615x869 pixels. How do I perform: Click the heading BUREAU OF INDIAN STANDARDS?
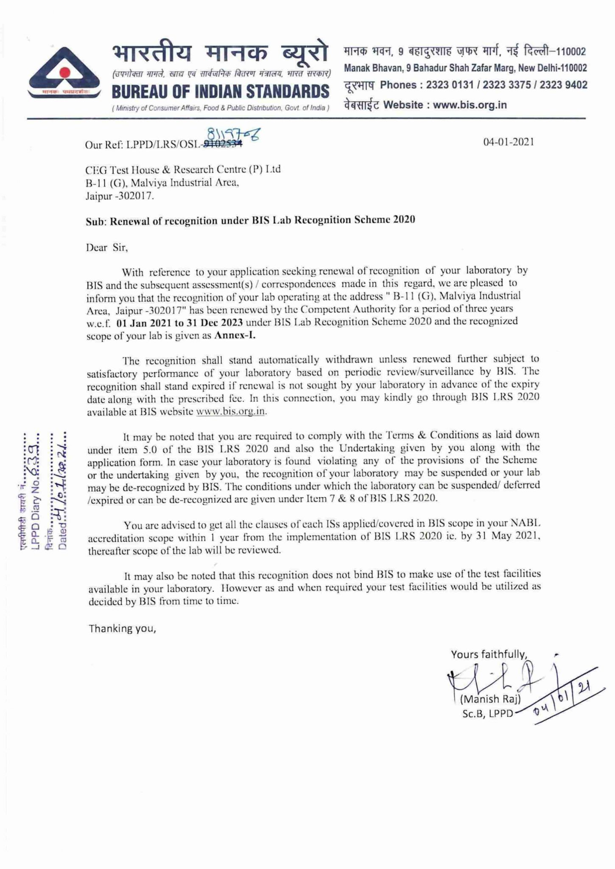click(x=220, y=92)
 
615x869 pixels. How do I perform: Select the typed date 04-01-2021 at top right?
click(x=509, y=142)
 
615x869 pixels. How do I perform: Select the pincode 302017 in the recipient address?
click(x=137, y=196)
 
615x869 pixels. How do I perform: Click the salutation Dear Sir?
click(x=107, y=247)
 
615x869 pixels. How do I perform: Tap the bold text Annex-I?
click(x=235, y=335)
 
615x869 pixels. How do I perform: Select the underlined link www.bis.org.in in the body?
click(x=231, y=411)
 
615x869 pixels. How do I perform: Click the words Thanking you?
click(x=123, y=628)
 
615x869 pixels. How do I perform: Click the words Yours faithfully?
click(x=489, y=654)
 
